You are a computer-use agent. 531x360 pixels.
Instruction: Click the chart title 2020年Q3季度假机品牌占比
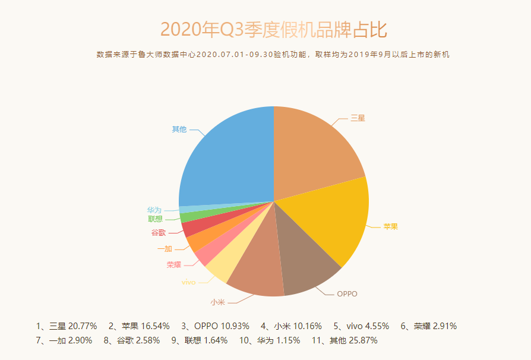[274, 29]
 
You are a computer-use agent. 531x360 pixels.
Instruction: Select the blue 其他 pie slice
[229, 160]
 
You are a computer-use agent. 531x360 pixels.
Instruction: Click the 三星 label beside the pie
[358, 118]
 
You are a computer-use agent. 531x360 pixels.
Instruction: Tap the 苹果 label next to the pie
[390, 226]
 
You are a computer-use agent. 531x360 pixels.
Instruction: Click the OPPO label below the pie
[347, 293]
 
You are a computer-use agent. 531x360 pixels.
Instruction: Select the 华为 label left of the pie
[154, 210]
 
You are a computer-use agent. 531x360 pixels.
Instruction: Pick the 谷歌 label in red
[158, 232]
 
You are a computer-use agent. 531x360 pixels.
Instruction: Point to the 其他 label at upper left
[179, 129]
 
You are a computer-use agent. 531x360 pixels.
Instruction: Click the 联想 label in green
[155, 219]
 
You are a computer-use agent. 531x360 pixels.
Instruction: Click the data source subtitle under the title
[273, 55]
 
